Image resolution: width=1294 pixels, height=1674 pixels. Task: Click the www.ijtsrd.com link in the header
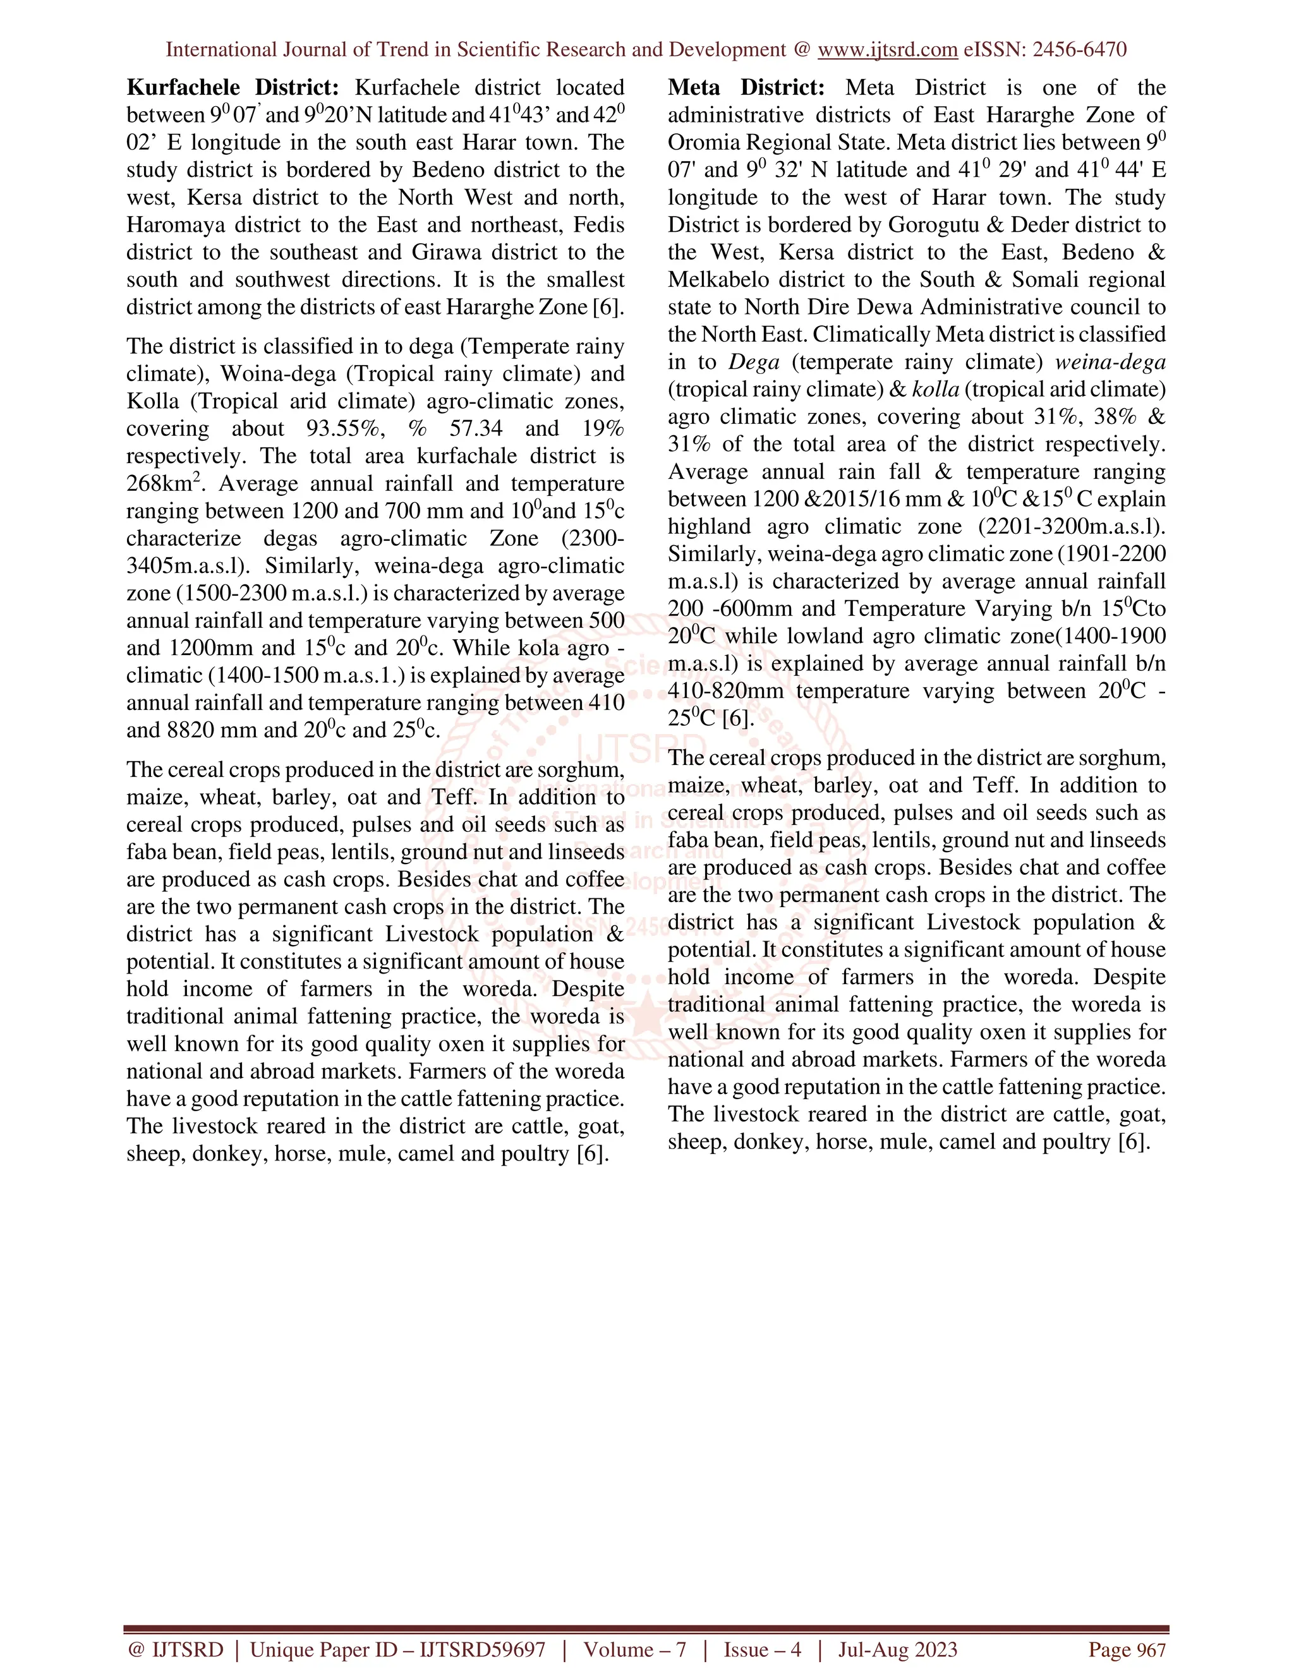point(887,50)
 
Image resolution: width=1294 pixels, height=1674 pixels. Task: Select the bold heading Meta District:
point(746,87)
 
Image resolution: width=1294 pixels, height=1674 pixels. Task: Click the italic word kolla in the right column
point(935,389)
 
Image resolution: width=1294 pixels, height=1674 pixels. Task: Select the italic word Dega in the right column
point(754,362)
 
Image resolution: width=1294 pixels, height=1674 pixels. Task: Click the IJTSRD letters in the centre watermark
point(641,747)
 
